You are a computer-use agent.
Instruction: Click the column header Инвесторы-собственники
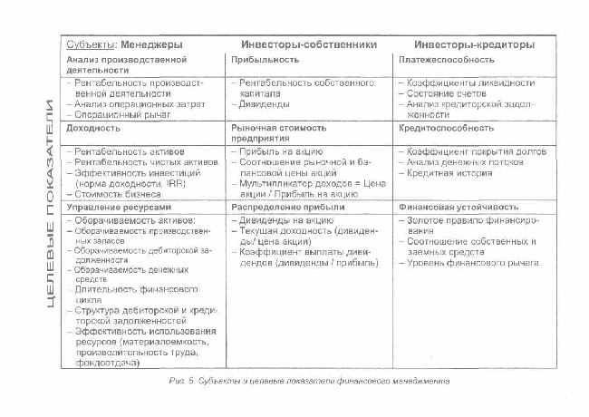coord(308,44)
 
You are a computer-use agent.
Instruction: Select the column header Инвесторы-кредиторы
coord(473,44)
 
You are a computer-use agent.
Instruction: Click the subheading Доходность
coord(93,128)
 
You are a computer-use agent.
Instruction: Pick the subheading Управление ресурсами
coord(113,207)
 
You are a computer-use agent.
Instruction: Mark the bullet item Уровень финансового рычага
coord(473,263)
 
